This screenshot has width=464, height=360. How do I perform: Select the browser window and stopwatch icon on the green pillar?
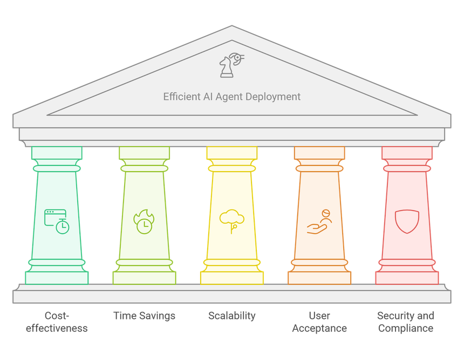[x=57, y=221]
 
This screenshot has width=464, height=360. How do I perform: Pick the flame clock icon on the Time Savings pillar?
[x=144, y=222]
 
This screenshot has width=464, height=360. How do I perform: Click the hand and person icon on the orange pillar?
[x=319, y=221]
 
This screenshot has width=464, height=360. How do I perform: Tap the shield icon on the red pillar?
[x=407, y=221]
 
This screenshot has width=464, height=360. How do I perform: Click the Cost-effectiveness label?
[x=57, y=322]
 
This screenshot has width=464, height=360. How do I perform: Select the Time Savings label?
[x=144, y=316]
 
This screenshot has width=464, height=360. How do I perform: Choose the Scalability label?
[x=232, y=316]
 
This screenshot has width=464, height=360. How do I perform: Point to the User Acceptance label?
[x=319, y=322]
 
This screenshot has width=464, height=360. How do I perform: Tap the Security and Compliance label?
[x=406, y=322]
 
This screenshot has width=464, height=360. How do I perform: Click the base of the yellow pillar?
[x=232, y=277]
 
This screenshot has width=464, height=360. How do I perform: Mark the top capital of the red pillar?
[x=407, y=153]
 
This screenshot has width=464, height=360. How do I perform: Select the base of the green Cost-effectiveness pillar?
[x=57, y=277]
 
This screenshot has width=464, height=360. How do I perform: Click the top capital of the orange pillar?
[x=319, y=153]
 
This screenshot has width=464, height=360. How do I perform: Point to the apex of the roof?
[x=232, y=27]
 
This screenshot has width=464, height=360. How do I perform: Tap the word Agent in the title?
[x=232, y=97]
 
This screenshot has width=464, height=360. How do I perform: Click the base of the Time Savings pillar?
[x=144, y=277]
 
